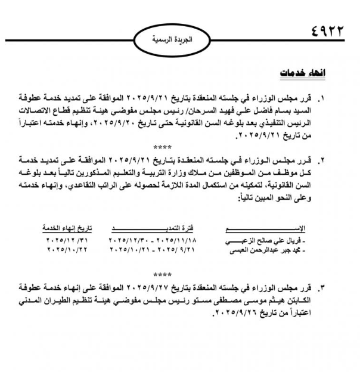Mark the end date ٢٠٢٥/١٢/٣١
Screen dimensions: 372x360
(66, 240)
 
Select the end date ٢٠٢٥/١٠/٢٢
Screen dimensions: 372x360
(66, 250)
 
